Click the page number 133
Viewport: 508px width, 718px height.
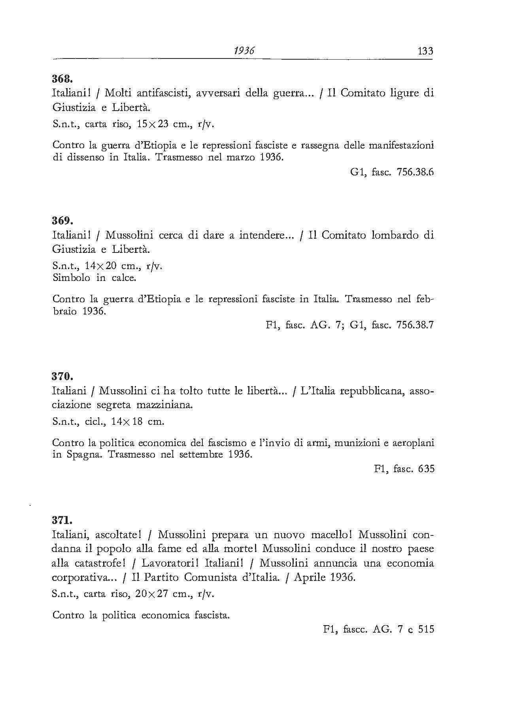[425, 51]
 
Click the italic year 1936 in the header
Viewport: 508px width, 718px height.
[244, 51]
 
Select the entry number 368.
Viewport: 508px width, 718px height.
[61, 78]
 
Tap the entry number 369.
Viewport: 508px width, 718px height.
[61, 220]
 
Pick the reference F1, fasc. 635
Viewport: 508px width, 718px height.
[404, 469]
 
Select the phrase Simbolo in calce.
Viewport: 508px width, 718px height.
[94, 278]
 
